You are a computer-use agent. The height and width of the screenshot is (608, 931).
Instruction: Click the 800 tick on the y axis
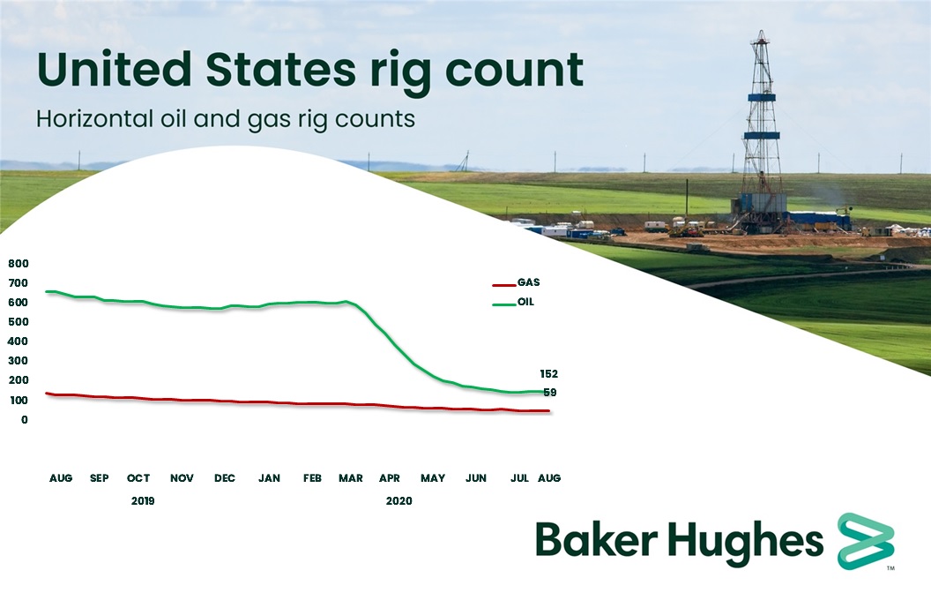coord(19,264)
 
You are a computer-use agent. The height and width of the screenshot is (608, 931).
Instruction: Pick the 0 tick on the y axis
coord(24,420)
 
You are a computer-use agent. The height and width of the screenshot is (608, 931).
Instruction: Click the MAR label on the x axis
coord(350,478)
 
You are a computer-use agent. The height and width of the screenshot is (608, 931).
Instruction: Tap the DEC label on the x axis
coord(225,478)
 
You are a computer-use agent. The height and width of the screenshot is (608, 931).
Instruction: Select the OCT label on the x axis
coord(138,478)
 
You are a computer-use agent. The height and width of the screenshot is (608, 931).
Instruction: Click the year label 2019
coord(142,501)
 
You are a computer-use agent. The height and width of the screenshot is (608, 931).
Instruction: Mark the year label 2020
coord(398,501)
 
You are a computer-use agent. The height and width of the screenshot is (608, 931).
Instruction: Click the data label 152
coord(547,374)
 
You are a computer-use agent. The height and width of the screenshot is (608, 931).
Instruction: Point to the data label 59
coord(550,393)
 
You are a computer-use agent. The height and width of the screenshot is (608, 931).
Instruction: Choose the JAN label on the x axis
coord(269,478)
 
